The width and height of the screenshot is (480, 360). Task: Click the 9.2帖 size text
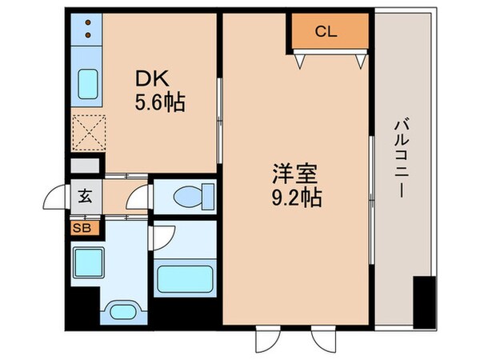click(295, 197)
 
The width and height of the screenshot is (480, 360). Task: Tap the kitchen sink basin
click(87, 82)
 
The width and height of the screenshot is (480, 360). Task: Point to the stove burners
click(87, 31)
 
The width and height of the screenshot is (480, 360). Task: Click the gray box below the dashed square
click(86, 166)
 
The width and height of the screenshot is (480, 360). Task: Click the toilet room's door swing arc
click(142, 197)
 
